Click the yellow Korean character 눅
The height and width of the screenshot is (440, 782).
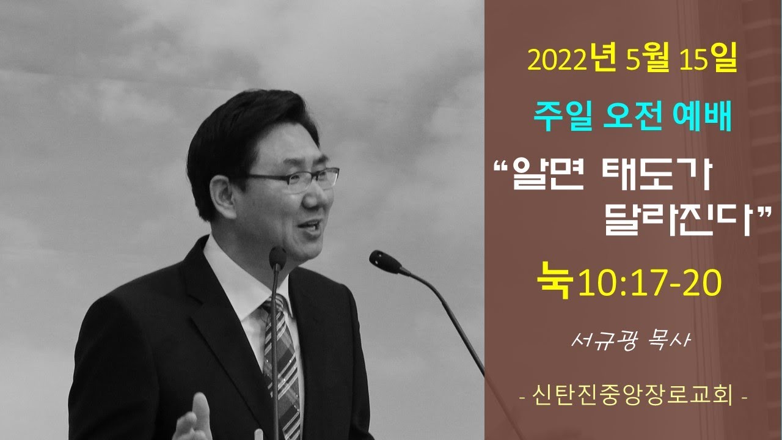(556, 281)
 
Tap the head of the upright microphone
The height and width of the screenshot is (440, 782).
(277, 258)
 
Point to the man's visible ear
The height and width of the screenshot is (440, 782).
(222, 197)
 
